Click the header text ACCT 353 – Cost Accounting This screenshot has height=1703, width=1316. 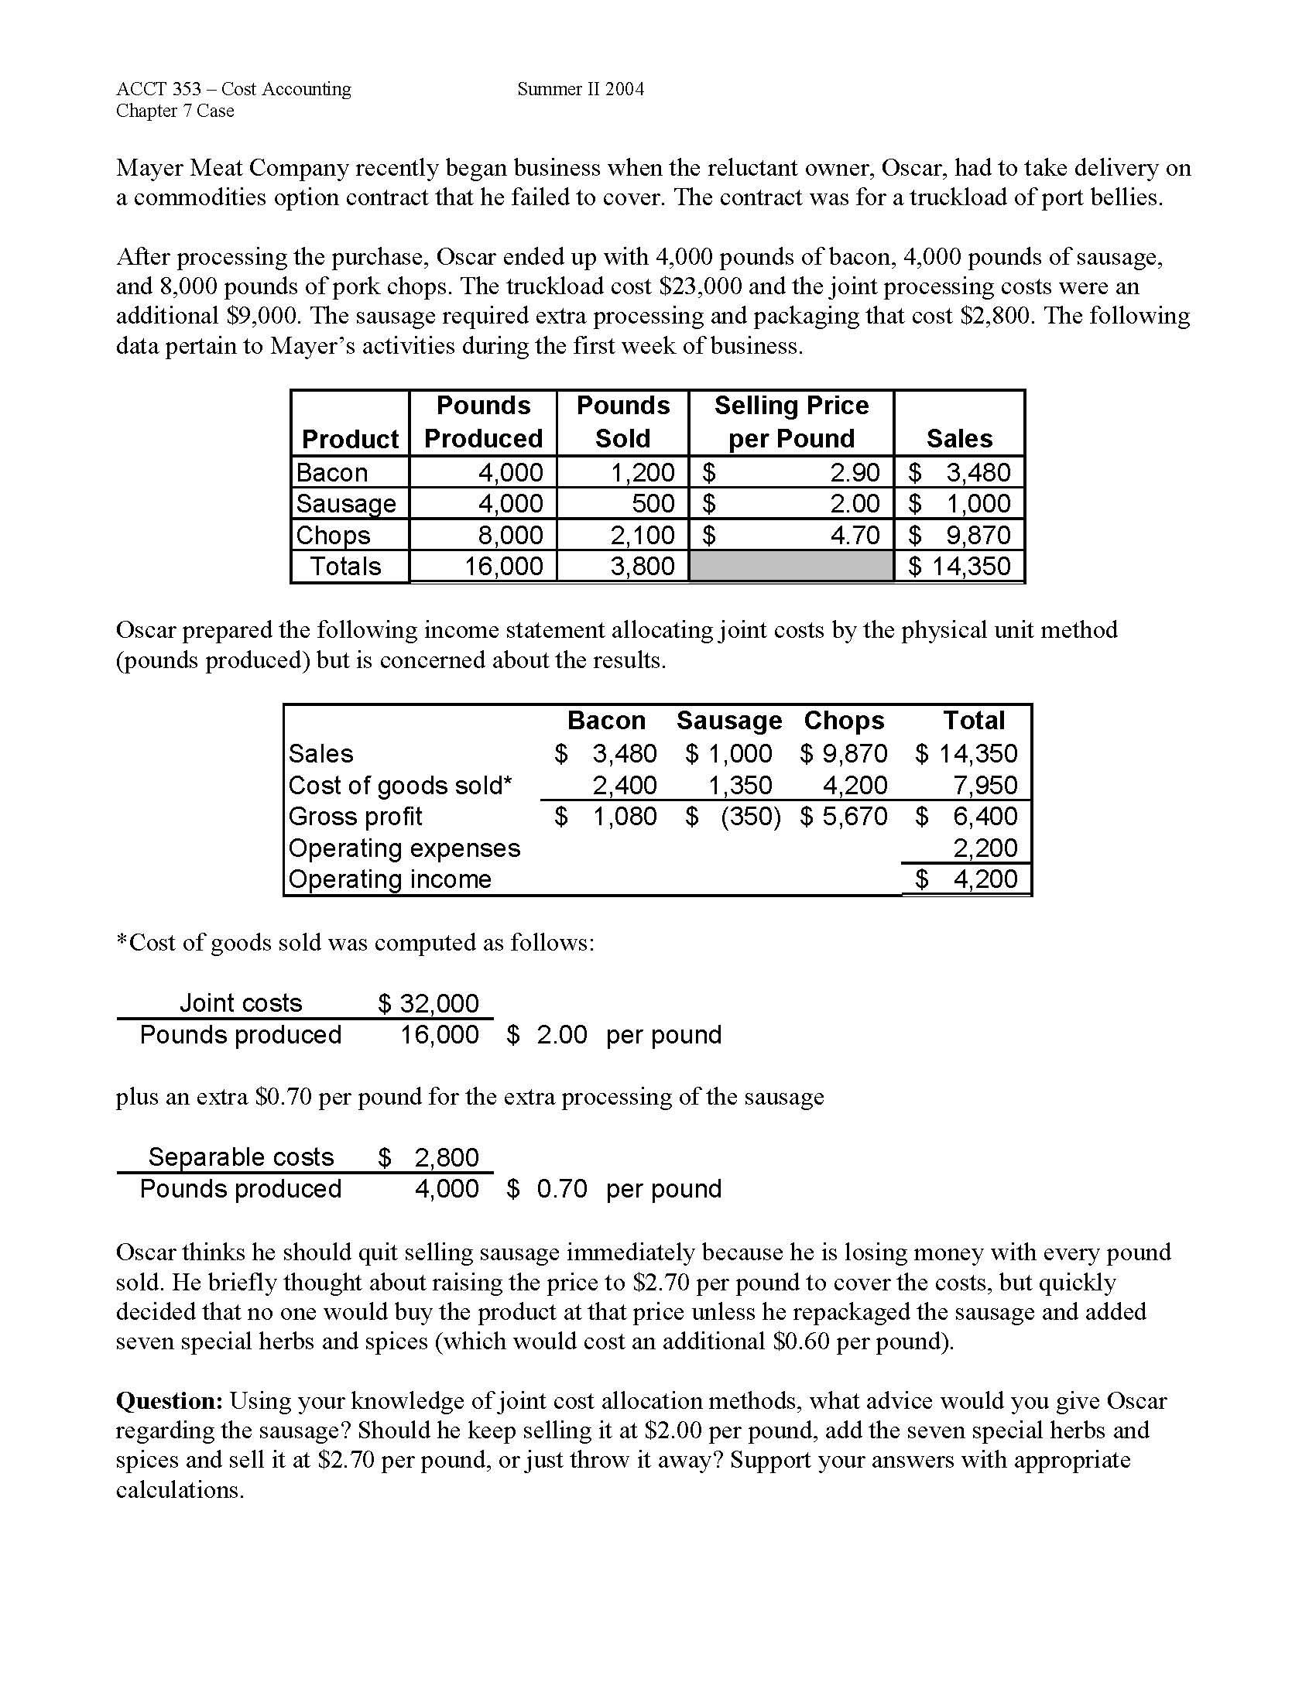pos(233,89)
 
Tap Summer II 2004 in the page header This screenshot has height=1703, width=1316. pos(580,89)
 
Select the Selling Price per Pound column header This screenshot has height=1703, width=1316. pos(790,422)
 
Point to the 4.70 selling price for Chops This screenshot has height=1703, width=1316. pos(855,535)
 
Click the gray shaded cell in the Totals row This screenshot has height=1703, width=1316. pos(790,566)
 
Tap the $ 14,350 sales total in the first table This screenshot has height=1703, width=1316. pos(959,566)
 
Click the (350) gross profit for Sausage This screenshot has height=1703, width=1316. pos(750,817)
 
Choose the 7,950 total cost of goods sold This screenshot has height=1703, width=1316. pos(985,785)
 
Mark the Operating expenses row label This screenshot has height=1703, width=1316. pos(404,848)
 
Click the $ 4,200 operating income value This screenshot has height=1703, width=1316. pos(967,879)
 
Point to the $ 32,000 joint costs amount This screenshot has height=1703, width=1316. pos(428,1002)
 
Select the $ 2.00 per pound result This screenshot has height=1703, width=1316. pos(547,1035)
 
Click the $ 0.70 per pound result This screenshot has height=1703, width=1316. pos(547,1189)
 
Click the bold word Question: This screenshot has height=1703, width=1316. pos(170,1401)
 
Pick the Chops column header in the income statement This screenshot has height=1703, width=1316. pos(844,720)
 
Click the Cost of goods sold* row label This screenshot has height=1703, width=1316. pos(400,785)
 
